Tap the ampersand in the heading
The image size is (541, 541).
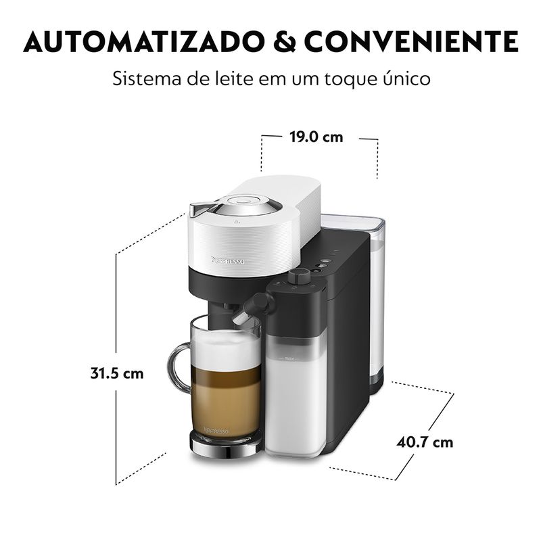(x=285, y=42)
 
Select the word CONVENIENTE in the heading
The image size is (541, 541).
(x=411, y=42)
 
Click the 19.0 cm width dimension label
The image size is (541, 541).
(x=316, y=137)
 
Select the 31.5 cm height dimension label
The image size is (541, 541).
(x=116, y=373)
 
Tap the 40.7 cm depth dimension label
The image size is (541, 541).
(x=425, y=442)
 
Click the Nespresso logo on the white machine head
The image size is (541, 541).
(x=228, y=260)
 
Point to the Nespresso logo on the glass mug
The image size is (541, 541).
(x=216, y=431)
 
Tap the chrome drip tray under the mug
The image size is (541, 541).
(x=226, y=446)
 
